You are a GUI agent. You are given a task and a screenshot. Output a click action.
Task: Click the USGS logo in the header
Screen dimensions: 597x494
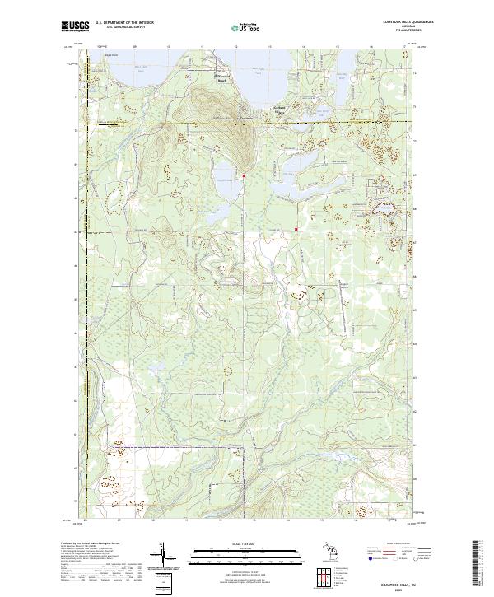(x=72, y=27)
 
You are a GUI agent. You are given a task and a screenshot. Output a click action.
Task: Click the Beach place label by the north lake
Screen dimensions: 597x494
(x=221, y=80)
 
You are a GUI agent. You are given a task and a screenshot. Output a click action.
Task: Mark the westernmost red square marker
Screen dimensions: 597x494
(x=244, y=175)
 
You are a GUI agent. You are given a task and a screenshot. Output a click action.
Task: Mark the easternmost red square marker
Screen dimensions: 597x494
(x=296, y=229)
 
